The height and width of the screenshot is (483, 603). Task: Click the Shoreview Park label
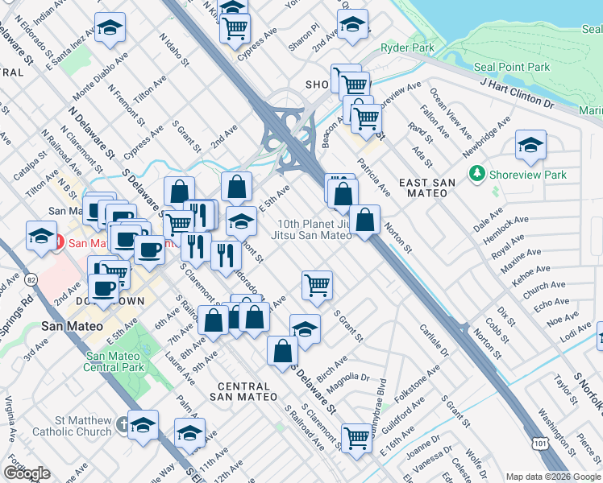tap(527, 175)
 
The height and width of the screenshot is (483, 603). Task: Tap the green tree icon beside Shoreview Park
tap(478, 175)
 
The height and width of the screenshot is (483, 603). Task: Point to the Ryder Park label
tap(407, 47)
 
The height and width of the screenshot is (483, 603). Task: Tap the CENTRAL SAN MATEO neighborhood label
tap(243, 392)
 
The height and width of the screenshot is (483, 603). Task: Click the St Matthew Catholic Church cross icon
tap(123, 423)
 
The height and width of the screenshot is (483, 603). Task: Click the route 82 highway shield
tap(31, 279)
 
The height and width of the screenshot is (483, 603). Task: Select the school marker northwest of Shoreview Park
tap(530, 146)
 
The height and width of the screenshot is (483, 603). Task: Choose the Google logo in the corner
tap(27, 473)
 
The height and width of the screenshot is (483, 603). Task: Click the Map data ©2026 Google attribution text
tap(553, 477)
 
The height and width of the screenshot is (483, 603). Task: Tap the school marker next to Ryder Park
tap(352, 26)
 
